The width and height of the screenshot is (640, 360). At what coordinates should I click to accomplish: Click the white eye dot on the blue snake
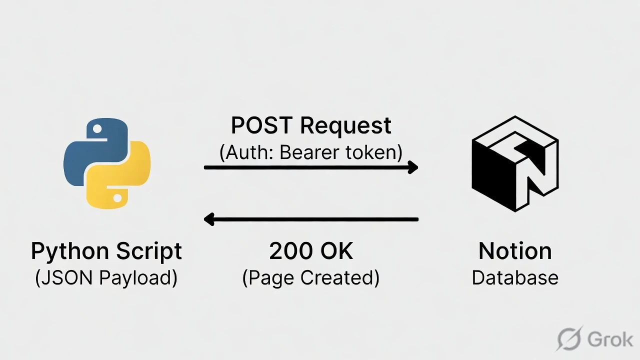96,129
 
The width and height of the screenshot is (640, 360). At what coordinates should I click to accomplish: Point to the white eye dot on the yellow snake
117,198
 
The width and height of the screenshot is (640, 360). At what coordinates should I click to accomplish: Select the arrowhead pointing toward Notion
412,167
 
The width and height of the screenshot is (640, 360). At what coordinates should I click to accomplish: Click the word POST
261,125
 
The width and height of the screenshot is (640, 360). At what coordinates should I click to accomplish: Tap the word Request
345,125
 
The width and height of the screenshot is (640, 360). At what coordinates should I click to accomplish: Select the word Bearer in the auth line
304,152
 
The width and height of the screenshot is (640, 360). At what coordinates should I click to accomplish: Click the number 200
288,251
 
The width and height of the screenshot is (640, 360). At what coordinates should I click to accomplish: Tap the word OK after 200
337,251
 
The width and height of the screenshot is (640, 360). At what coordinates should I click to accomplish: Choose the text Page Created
310,277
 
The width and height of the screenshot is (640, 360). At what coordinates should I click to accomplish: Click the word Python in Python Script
69,251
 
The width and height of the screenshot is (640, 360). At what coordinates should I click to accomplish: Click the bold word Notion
515,251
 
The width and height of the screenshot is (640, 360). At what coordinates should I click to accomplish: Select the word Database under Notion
515,277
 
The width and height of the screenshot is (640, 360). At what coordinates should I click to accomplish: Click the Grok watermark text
610,339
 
